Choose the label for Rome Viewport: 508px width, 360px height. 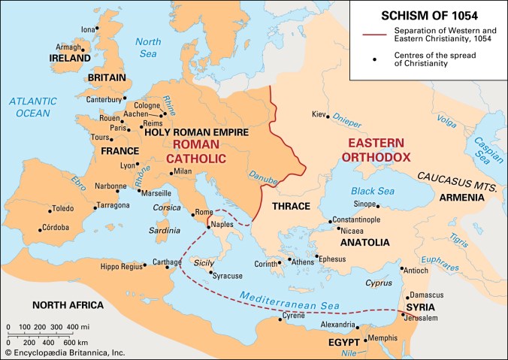click(x=204, y=212)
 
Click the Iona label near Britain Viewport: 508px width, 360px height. click(x=89, y=29)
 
